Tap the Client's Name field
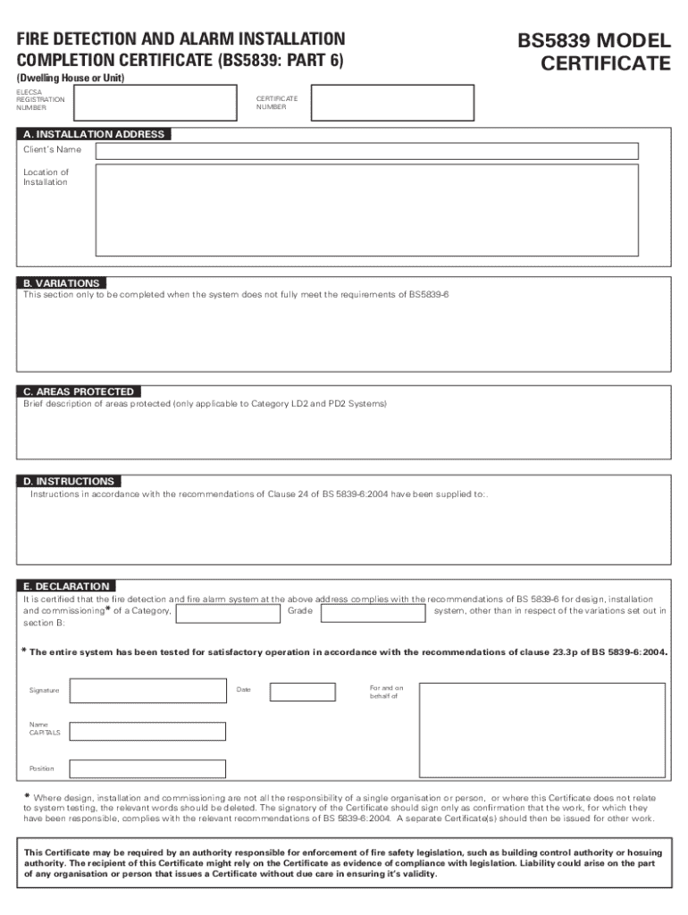point(366,150)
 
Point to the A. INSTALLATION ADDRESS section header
point(94,134)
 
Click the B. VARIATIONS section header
point(61,283)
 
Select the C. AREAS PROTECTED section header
point(79,391)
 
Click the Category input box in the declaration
point(228,613)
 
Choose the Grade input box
point(373,613)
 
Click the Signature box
point(147,691)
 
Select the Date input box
point(302,692)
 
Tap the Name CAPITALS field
point(147,731)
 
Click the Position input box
point(147,768)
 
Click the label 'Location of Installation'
point(46,177)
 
